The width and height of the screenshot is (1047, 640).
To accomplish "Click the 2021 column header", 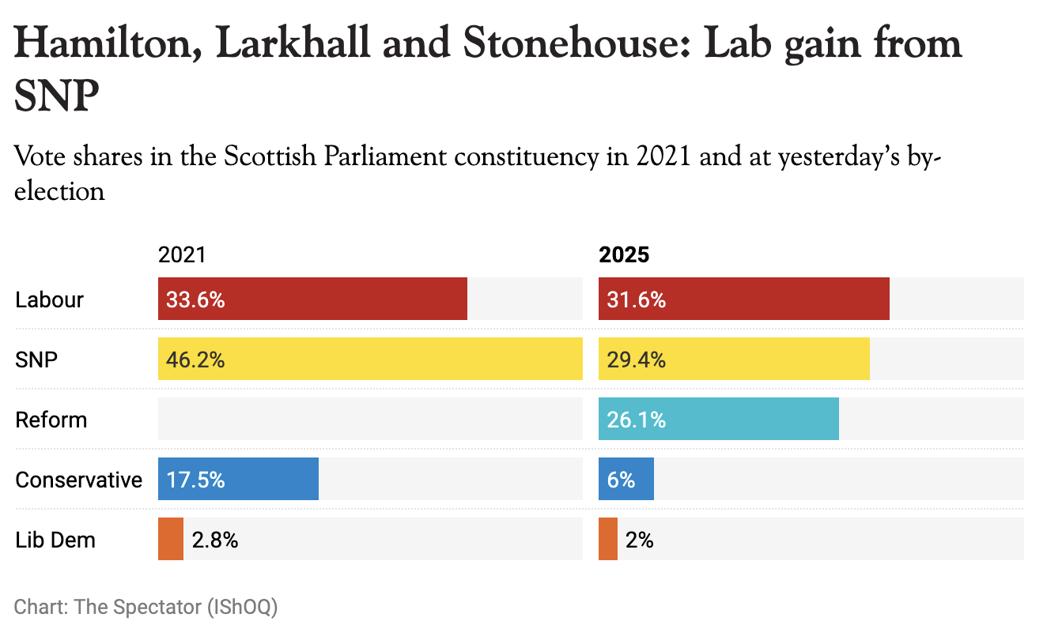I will [182, 255].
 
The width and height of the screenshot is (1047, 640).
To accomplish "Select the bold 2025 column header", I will [624, 255].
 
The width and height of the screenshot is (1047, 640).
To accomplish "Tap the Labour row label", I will [49, 300].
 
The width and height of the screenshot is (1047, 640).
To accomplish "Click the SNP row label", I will [36, 360].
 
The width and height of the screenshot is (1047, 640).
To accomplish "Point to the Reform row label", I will [51, 420].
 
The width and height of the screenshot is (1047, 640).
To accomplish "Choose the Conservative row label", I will [79, 480].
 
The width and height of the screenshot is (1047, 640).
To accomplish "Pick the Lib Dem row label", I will [55, 540].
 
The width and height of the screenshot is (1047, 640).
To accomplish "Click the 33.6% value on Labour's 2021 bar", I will [195, 300].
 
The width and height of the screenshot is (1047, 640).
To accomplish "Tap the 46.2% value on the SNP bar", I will [195, 360].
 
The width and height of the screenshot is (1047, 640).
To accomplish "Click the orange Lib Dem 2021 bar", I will [171, 540].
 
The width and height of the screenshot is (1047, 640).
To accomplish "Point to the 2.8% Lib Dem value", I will [215, 540].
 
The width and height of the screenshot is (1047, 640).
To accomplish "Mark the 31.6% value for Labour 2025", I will [636, 300].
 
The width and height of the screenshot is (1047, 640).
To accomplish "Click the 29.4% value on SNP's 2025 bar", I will [636, 360].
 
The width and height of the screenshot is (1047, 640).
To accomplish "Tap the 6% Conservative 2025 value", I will [622, 480].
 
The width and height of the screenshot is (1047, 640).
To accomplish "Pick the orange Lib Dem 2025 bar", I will [608, 540].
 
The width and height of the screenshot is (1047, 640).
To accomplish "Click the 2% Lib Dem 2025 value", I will [640, 540].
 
